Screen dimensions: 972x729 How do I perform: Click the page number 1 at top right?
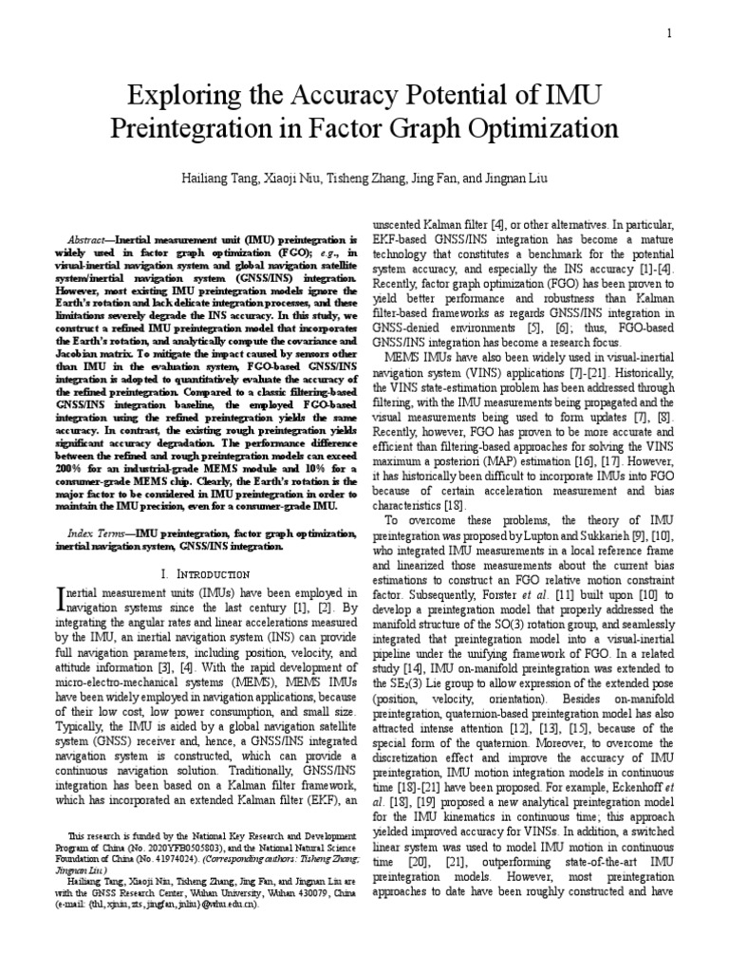point(669,34)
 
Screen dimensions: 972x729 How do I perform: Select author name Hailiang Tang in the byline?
point(216,178)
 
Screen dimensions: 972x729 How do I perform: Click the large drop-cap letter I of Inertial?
point(62,598)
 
